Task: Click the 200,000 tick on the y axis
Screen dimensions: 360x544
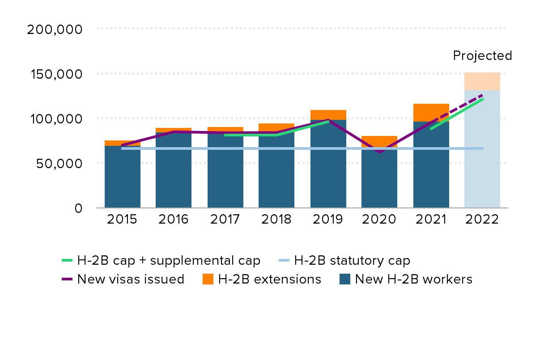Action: [x=55, y=30]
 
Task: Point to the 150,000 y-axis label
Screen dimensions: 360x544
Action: [x=55, y=74]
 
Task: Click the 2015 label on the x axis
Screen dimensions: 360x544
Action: [x=122, y=220]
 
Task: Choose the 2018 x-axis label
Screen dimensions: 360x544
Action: [x=276, y=220]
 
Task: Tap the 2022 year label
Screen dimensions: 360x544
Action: [x=482, y=220]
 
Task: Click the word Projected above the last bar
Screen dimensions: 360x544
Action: [x=482, y=56]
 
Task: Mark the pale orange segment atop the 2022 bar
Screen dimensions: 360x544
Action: [x=482, y=81]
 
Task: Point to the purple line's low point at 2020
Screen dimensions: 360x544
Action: [x=379, y=152]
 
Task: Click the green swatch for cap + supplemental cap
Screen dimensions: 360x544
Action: [x=67, y=260]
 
